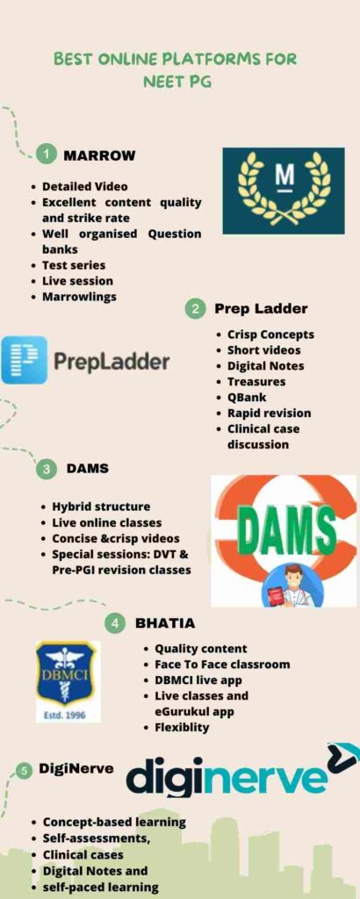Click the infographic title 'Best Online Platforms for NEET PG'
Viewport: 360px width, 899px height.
[x=176, y=70]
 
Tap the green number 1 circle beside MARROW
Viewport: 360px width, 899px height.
[x=46, y=155]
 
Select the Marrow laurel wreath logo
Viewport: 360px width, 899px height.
[x=283, y=191]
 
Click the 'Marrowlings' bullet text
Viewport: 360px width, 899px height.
[x=80, y=297]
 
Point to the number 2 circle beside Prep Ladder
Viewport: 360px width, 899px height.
[x=195, y=309]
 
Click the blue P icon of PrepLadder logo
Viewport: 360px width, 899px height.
[x=24, y=361]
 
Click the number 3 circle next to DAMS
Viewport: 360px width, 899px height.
[x=46, y=469]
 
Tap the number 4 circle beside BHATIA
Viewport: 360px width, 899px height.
[x=115, y=623]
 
